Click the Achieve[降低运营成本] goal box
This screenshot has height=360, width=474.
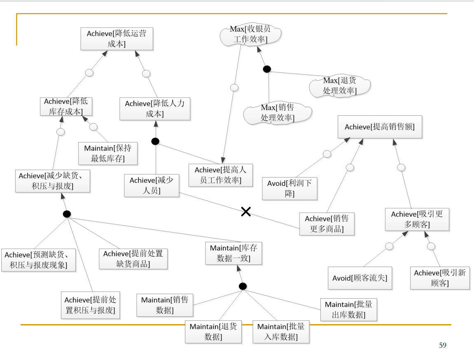pyautogui.click(x=117, y=39)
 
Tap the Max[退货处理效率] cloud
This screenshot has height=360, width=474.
pyautogui.click(x=340, y=86)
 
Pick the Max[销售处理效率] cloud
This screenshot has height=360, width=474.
pyautogui.click(x=277, y=112)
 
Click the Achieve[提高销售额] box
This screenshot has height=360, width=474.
pyautogui.click(x=380, y=127)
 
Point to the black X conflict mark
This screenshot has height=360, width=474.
pyautogui.click(x=246, y=212)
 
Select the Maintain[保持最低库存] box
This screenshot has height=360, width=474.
pyautogui.click(x=108, y=153)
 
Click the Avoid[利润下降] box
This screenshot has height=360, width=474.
pyautogui.click(x=289, y=188)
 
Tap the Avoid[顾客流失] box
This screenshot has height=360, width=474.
pyautogui.click(x=360, y=278)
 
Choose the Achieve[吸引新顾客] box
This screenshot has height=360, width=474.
pyautogui.click(x=440, y=278)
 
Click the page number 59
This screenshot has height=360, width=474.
pyautogui.click(x=443, y=345)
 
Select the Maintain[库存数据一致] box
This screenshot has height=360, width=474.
pyautogui.click(x=233, y=253)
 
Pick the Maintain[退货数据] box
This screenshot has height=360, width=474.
pyautogui.click(x=213, y=332)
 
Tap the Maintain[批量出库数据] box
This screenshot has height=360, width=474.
pyautogui.click(x=348, y=310)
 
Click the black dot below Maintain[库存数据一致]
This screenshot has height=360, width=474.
pyautogui.click(x=243, y=286)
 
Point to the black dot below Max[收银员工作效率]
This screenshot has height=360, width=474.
pyautogui.click(x=267, y=69)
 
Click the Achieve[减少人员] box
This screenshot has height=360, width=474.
pyautogui.click(x=152, y=185)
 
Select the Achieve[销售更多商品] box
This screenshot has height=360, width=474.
pyautogui.click(x=327, y=224)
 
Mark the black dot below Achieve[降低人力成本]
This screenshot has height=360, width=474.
pyautogui.click(x=155, y=141)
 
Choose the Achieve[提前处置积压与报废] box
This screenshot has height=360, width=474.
pyautogui.click(x=90, y=305)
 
